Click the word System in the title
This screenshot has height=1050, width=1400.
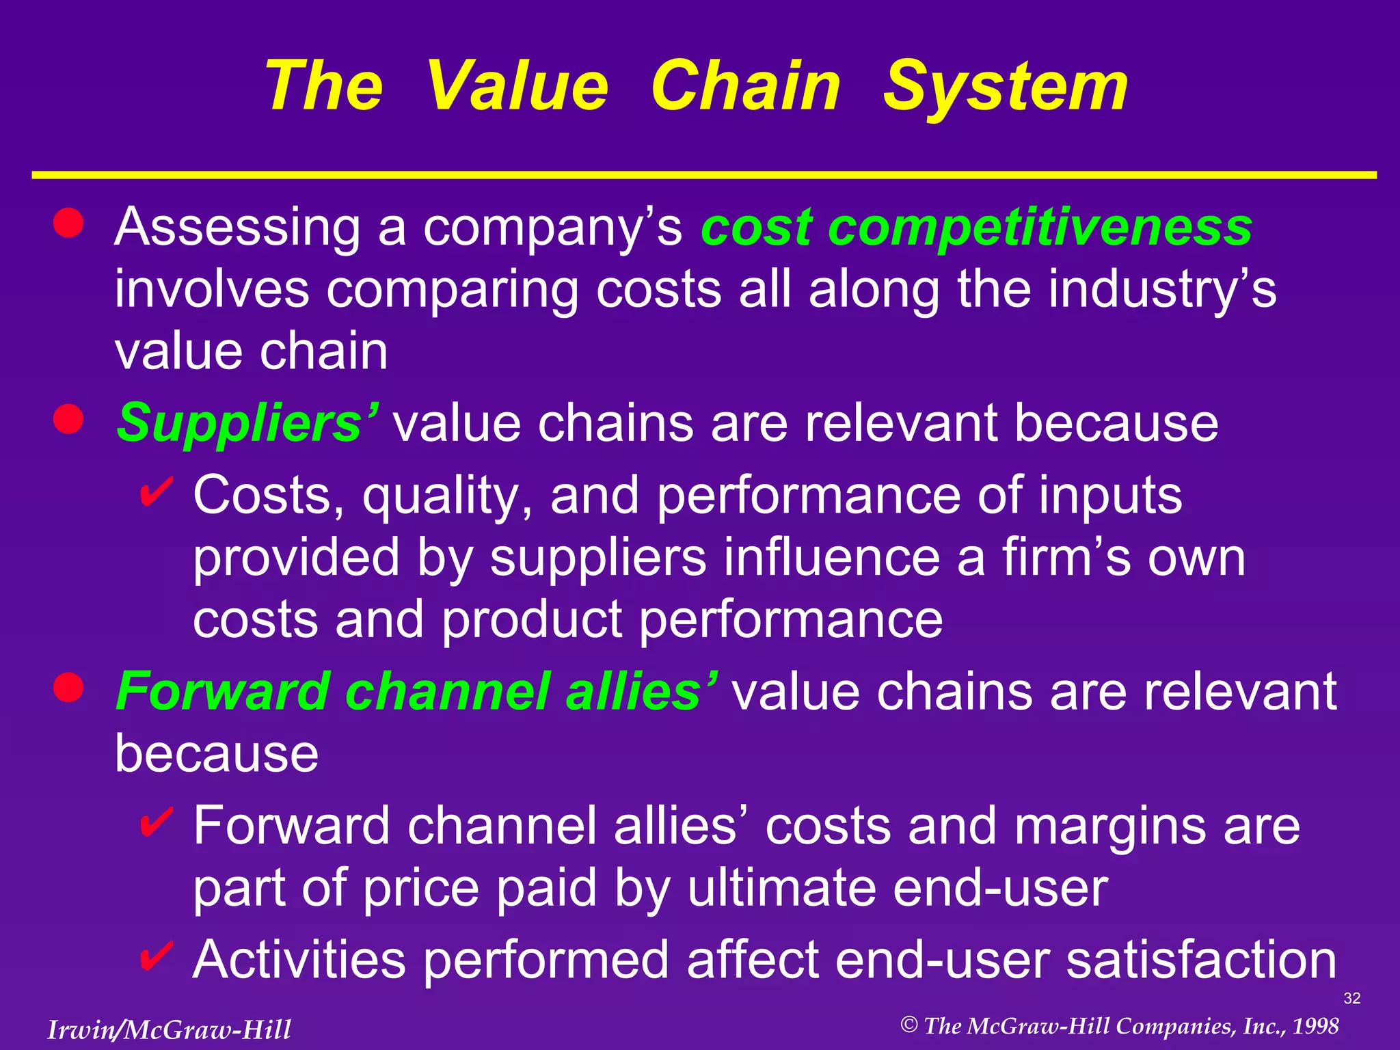(x=1005, y=87)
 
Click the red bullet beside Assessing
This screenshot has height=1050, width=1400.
(x=68, y=224)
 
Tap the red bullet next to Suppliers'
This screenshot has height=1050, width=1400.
(x=68, y=419)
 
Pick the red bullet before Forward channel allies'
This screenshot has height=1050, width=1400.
(x=68, y=688)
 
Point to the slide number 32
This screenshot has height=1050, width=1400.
(x=1351, y=999)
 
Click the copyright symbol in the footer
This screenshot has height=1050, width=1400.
(x=908, y=1025)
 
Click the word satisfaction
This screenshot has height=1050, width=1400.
(x=1201, y=960)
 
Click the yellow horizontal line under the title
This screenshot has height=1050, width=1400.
(x=704, y=176)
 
